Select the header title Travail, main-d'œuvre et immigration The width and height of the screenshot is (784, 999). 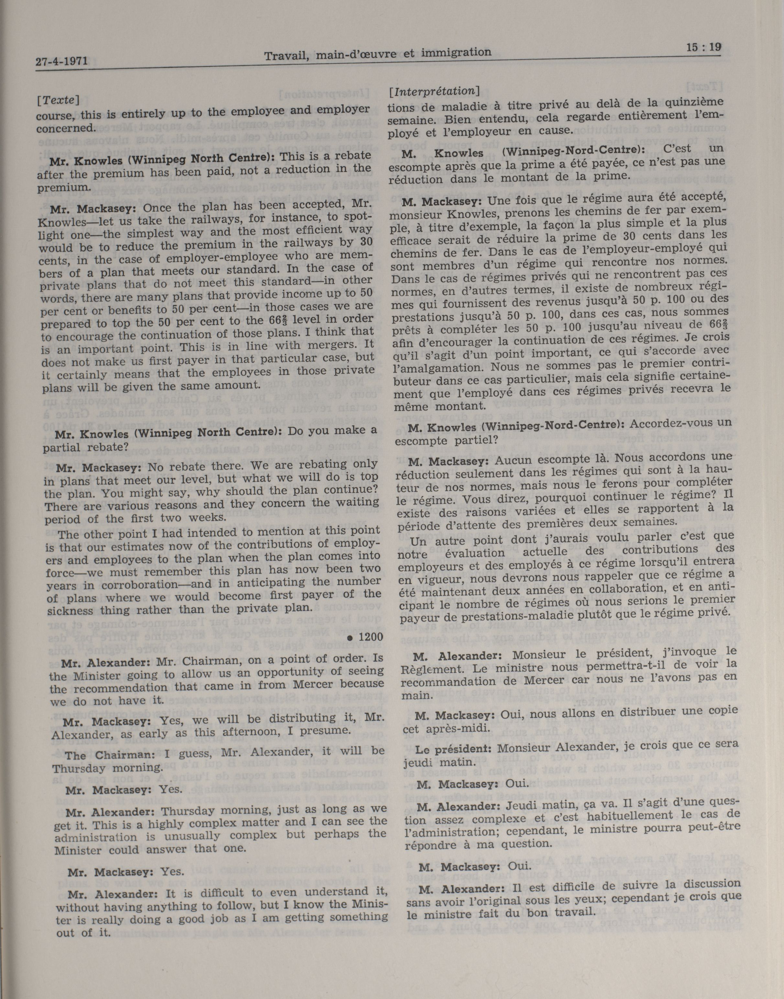click(378, 54)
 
